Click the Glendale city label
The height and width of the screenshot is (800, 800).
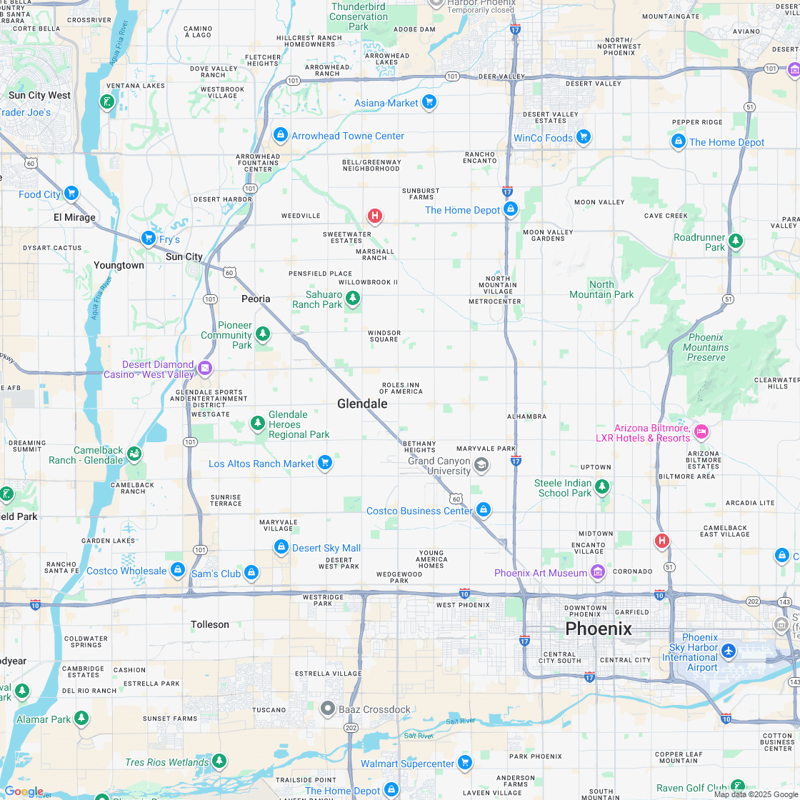(x=362, y=404)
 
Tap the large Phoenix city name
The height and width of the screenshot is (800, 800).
(x=598, y=629)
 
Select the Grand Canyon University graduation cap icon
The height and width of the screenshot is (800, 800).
(x=481, y=466)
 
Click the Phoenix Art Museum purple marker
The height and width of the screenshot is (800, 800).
(x=598, y=572)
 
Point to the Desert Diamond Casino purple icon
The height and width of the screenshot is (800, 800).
(x=205, y=369)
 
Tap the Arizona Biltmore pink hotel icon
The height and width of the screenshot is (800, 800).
(x=701, y=431)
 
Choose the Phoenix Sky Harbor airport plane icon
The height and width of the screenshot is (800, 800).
(x=728, y=651)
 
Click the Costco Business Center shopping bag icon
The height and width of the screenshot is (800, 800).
(x=484, y=510)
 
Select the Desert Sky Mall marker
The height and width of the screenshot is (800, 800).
(x=281, y=547)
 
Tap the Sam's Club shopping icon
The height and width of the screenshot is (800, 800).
(x=251, y=573)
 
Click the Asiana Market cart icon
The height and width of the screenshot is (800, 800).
(x=429, y=102)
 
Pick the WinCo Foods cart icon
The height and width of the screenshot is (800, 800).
(x=584, y=137)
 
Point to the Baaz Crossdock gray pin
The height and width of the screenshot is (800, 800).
(x=328, y=709)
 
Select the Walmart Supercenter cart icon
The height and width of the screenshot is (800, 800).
(x=465, y=763)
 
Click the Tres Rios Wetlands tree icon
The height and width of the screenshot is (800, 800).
(x=219, y=761)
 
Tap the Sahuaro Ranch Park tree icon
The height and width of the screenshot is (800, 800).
(x=352, y=299)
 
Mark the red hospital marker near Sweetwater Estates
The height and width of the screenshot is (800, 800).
(x=374, y=216)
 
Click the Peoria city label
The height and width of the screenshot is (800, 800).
(x=256, y=299)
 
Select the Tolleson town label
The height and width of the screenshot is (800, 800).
(x=210, y=624)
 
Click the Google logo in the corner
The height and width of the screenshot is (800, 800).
(x=24, y=791)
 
